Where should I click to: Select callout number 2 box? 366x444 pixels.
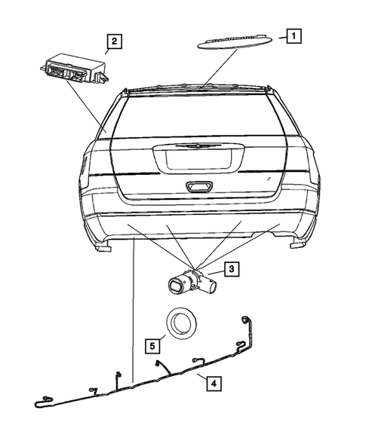pos(113,42)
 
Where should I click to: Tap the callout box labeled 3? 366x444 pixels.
pos(232,267)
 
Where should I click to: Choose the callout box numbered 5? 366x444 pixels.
pos(152,346)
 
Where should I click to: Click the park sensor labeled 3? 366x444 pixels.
pos(192,283)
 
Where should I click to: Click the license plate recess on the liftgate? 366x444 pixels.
pos(198,158)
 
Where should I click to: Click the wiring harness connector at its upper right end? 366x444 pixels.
pos(245,320)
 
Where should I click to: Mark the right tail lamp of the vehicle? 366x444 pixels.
pos(309,167)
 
